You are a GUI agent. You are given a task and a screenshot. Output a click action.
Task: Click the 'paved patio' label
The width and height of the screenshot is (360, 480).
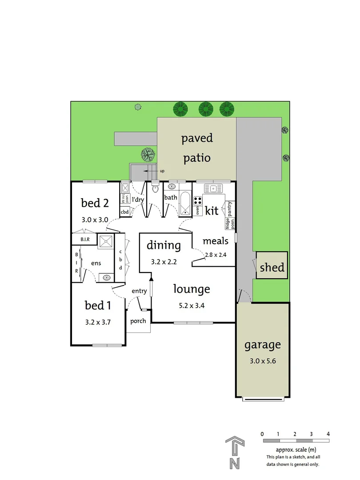(x=197, y=148)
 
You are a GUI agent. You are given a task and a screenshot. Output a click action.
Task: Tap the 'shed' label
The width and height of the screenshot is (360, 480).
(x=272, y=267)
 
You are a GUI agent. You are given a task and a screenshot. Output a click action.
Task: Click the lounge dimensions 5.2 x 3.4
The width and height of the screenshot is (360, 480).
(x=191, y=305)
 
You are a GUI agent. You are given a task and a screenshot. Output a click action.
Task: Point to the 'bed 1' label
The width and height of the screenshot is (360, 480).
(x=98, y=305)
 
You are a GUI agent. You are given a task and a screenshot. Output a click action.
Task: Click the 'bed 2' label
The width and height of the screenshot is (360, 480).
(x=95, y=203)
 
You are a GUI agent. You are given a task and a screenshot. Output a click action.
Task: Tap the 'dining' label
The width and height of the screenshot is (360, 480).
(x=164, y=245)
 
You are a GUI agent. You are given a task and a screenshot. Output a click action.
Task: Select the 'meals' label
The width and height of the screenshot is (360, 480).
(x=216, y=241)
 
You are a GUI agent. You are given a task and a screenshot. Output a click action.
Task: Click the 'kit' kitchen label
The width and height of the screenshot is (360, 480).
(x=212, y=210)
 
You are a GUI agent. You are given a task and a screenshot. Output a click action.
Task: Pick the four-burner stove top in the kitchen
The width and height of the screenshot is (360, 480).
(x=198, y=200)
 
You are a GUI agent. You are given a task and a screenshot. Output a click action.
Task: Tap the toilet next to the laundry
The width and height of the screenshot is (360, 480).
(x=155, y=189)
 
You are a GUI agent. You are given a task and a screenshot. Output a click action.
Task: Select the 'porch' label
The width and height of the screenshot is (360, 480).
(x=138, y=321)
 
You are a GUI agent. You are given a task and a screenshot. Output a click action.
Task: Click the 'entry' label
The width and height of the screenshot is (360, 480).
(x=139, y=291)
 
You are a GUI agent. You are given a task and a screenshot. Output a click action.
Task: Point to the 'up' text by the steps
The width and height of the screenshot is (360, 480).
(x=162, y=171)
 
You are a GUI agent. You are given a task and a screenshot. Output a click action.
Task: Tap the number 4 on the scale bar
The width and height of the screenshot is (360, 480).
(x=328, y=433)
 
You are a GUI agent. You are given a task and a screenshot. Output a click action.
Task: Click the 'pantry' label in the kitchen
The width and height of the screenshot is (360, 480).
(x=230, y=209)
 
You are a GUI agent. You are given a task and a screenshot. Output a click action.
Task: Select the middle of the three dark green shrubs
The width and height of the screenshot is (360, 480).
(x=205, y=108)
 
